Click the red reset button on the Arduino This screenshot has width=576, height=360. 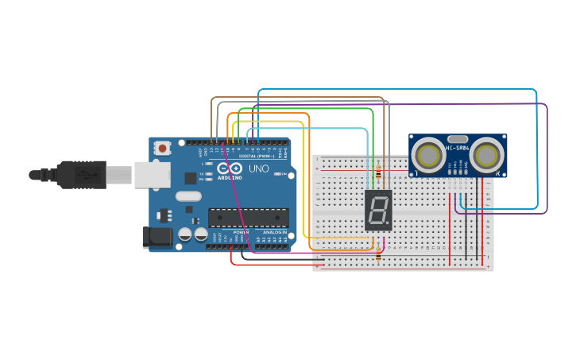tap(163, 147)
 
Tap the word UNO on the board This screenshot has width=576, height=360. tap(259, 168)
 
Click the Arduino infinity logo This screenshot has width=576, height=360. tap(238, 168)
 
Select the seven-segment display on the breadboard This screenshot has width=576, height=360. tap(378, 210)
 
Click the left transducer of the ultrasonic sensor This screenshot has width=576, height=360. tap(430, 155)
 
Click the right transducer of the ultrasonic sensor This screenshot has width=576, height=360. tap(485, 155)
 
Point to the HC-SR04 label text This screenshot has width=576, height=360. tap(458, 148)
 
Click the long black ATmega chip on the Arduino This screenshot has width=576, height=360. tap(248, 217)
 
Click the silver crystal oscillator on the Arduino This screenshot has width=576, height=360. tap(188, 195)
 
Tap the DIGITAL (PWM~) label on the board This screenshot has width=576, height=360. tap(256, 157)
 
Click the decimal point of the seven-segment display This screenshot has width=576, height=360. tap(388, 224)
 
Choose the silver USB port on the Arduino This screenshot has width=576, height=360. tap(152, 174)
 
